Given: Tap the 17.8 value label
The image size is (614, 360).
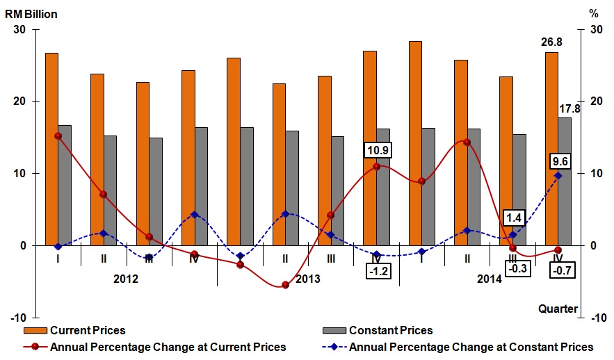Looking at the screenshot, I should pyautogui.click(x=569, y=108).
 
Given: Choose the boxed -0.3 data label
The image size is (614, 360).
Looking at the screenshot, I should pyautogui.click(x=515, y=269).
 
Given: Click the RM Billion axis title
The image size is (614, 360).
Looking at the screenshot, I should pyautogui.click(x=32, y=14).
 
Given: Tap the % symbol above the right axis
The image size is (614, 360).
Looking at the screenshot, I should pyautogui.click(x=593, y=13).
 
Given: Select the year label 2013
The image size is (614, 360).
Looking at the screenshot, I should pyautogui.click(x=307, y=279).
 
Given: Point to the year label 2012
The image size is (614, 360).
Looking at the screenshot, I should pyautogui.click(x=125, y=279).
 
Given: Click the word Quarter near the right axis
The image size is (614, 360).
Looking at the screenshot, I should pyautogui.click(x=557, y=309).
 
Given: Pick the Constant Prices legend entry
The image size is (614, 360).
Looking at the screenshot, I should pyautogui.click(x=390, y=330).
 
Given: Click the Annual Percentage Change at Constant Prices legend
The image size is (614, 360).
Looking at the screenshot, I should pyautogui.click(x=471, y=347).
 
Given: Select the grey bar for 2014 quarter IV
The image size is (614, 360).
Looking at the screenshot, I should pyautogui.click(x=565, y=181).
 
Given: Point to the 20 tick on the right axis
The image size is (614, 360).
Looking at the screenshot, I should pyautogui.click(x=595, y=101).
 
